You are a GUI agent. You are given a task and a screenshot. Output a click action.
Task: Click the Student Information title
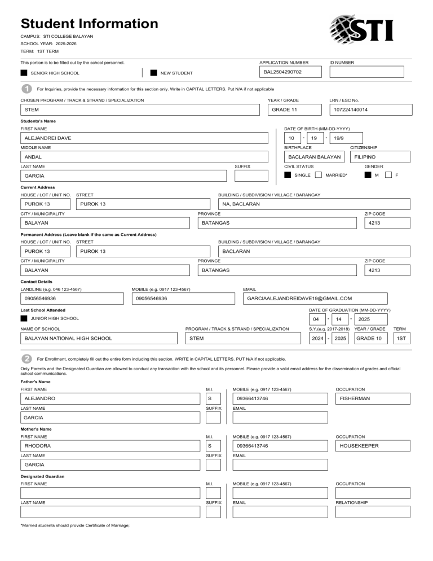coord(89,24)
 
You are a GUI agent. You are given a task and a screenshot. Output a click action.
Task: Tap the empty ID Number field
coord(367,72)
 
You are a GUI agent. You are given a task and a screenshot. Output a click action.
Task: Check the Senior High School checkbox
coord(24,73)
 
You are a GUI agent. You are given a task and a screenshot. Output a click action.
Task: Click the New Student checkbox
coord(153,73)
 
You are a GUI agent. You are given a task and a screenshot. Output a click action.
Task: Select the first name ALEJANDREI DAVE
coord(47,138)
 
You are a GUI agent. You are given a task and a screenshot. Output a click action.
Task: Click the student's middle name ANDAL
coord(33,157)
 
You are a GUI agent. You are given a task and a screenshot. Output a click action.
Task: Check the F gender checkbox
coord(388,176)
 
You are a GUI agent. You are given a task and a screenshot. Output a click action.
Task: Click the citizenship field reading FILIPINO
coord(365,157)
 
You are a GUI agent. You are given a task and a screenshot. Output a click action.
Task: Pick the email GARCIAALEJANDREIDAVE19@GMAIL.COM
coord(299,298)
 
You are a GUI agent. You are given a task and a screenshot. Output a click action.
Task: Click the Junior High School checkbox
coord(24,318)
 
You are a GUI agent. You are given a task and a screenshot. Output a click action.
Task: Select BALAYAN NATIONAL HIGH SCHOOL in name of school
coord(68,339)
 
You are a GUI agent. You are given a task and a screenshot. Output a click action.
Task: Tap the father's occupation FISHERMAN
coord(355,398)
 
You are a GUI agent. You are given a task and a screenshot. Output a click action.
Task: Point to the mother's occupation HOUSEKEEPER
coord(359,446)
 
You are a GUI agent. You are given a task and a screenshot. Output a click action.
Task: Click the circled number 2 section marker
coord(26,358)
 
